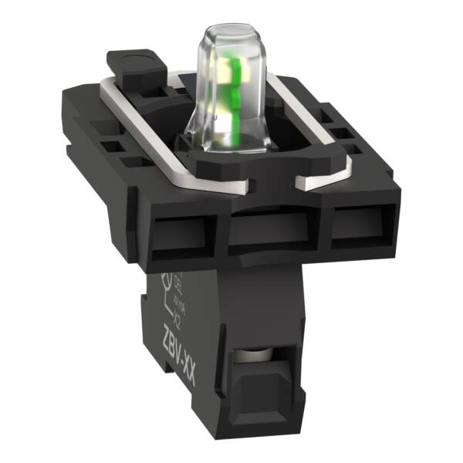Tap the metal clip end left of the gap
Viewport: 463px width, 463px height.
click(x=255, y=185)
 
